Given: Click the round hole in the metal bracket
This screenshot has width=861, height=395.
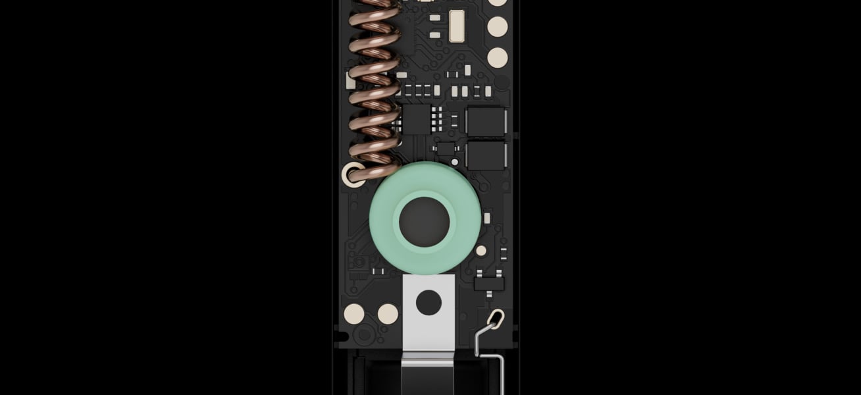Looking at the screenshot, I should (x=429, y=302).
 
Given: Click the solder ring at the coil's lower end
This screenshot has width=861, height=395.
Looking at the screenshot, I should (x=352, y=175).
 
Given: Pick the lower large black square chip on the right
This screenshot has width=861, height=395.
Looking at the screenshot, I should (x=486, y=155).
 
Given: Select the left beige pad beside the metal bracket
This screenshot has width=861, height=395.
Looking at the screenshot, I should (x=355, y=314).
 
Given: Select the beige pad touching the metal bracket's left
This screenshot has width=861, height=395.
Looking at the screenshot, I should (x=388, y=314).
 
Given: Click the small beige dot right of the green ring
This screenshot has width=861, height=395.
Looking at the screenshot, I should (x=481, y=250).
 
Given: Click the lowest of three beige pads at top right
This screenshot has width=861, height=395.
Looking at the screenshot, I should (x=498, y=57).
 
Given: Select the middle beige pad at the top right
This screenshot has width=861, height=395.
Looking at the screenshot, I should (x=498, y=26).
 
